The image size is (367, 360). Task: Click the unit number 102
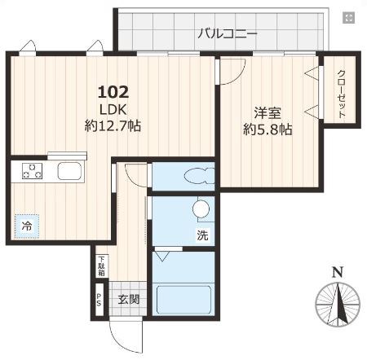coord(113,91)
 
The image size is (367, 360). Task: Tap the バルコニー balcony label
coord(228,34)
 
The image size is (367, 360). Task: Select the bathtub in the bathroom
coord(185,298)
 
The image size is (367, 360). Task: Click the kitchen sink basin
coord(68,172)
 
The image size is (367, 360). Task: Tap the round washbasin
coord(201,210)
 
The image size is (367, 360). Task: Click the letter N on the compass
coord(336,272)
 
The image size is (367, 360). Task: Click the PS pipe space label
coord(99,300)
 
